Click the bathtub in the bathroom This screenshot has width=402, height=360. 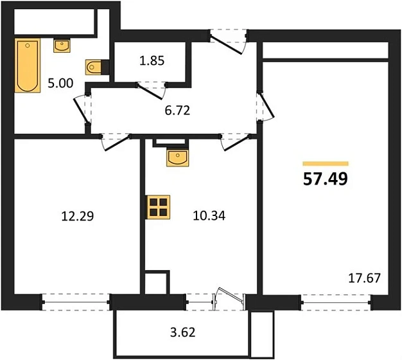28,66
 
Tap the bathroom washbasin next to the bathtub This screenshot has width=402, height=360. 62,44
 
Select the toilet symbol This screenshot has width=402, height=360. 94,66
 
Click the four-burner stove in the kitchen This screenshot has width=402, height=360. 158,208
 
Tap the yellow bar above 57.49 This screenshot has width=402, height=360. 325,163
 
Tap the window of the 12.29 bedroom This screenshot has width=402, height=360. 76,298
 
